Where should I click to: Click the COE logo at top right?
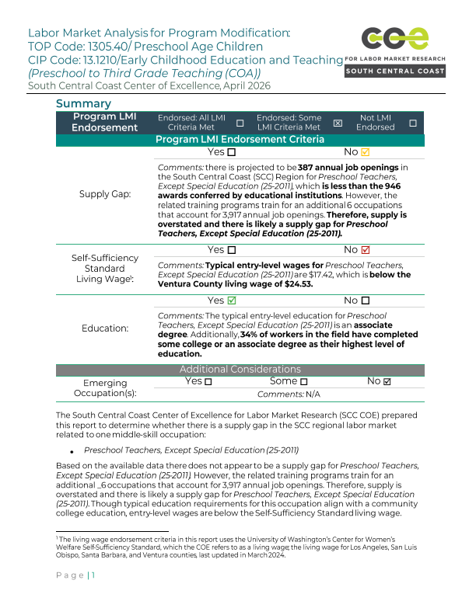click(395, 39)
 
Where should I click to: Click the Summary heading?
click(83, 104)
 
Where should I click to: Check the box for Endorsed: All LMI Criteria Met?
click(240, 123)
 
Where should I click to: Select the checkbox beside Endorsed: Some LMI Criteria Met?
click(338, 123)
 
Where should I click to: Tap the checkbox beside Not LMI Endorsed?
click(412, 123)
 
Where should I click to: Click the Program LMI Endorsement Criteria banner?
click(240, 140)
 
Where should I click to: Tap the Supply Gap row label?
click(105, 194)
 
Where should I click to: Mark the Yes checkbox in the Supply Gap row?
click(231, 152)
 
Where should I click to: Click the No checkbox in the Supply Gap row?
click(365, 152)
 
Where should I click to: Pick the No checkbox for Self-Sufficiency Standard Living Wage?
click(365, 250)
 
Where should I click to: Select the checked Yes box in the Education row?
click(231, 301)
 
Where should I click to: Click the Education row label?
click(105, 328)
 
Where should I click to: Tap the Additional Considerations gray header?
click(240, 370)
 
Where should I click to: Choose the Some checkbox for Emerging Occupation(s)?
click(303, 382)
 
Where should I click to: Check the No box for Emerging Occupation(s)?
click(387, 382)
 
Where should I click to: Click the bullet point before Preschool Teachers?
click(72, 451)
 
